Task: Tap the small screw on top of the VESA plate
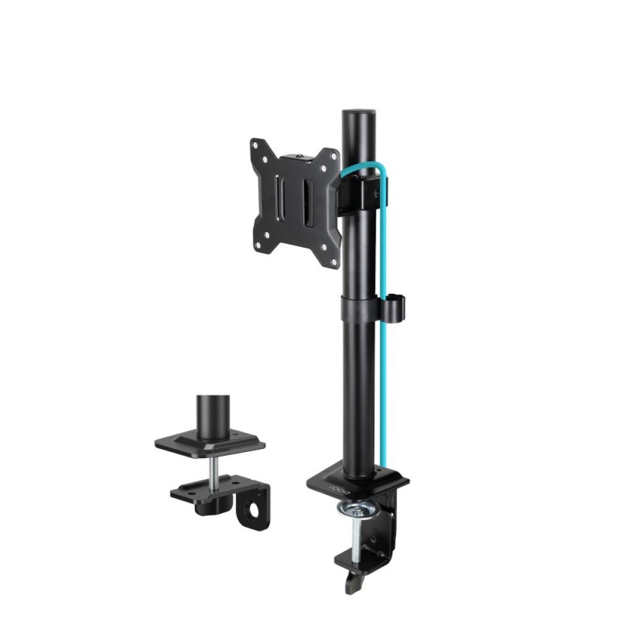300,157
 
